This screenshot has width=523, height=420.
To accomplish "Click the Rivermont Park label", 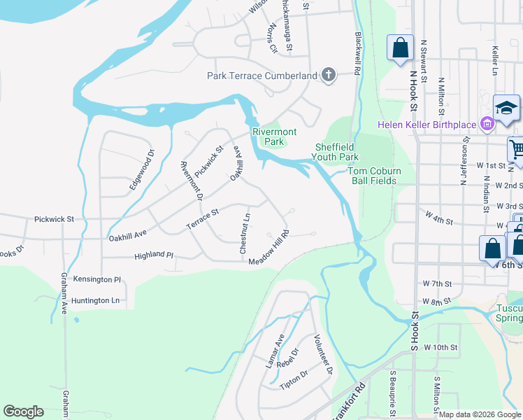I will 274,136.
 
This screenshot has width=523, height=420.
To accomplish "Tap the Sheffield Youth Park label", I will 336,152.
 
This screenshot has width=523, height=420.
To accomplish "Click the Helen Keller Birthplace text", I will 427,125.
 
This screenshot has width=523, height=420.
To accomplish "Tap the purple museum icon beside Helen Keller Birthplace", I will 487,125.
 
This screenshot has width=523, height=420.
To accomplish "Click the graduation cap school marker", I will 506,108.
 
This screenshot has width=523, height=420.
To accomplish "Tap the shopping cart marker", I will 517,148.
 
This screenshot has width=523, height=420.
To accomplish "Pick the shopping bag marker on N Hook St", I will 400,48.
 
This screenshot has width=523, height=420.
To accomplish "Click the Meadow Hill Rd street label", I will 269,248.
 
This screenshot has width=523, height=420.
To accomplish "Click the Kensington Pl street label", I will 97,279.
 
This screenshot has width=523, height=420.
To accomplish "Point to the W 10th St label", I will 440,347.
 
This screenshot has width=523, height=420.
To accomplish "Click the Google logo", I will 23,412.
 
